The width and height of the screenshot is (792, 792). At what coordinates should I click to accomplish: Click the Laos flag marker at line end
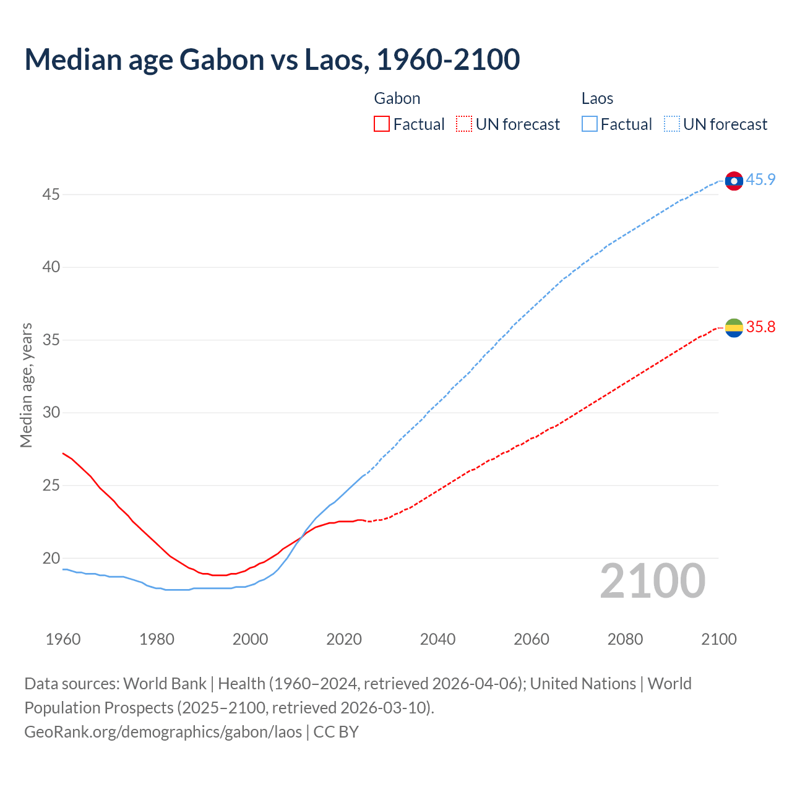[x=734, y=181]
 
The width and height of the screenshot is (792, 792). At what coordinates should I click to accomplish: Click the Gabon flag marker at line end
[x=734, y=328]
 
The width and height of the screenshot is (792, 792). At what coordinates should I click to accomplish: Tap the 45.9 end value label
[x=760, y=180]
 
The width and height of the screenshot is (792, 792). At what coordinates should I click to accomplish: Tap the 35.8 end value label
[x=760, y=327]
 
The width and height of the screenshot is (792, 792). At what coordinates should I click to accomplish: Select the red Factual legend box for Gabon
[x=382, y=124]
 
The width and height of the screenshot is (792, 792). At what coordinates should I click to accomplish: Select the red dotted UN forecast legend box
[x=464, y=124]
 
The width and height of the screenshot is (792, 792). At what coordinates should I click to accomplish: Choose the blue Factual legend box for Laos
[x=589, y=124]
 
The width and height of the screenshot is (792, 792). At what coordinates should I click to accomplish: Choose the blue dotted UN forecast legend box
[x=671, y=124]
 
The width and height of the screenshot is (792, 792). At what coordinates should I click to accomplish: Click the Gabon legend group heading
[x=397, y=98]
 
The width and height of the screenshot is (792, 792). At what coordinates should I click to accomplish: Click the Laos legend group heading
[x=597, y=98]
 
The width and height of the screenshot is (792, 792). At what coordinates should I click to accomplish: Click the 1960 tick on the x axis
[x=63, y=639]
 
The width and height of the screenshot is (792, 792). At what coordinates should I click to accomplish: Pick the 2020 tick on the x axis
[x=344, y=639]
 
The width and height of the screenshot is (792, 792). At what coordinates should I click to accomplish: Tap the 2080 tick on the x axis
[x=625, y=639]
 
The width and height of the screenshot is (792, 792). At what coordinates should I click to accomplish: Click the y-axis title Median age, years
[x=26, y=385]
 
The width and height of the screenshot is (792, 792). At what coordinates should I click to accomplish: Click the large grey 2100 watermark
[x=653, y=580]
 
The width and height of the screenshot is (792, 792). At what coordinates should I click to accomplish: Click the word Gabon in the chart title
[x=222, y=59]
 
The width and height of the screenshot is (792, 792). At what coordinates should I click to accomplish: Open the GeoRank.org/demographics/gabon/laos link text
[x=163, y=732]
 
